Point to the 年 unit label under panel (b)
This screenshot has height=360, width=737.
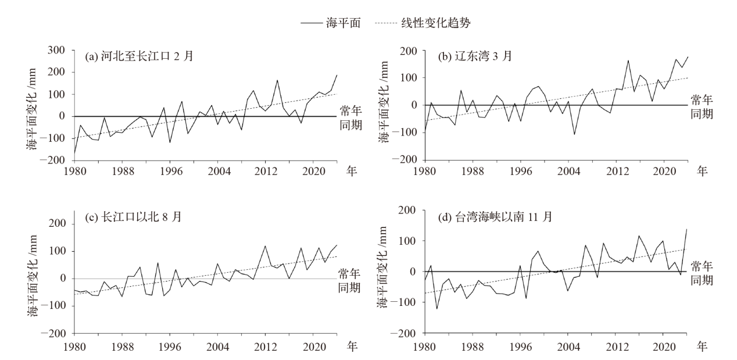click(702, 170)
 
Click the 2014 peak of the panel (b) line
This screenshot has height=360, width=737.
click(628, 60)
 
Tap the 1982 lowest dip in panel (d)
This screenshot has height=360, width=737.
click(437, 309)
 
